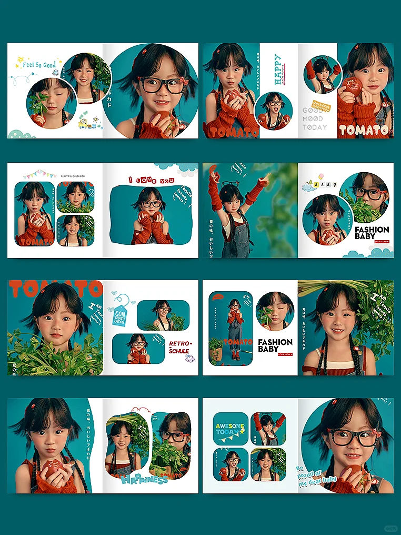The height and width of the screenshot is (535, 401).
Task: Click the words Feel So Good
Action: (39, 65)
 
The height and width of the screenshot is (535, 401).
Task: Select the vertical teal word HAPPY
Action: (277, 68)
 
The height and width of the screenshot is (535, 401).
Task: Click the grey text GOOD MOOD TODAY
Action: (315, 119)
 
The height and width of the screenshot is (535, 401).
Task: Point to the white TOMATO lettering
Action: (364, 130)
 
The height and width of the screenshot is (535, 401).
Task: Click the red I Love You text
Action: (152, 180)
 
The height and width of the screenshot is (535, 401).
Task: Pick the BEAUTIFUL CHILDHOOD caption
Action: (74, 176)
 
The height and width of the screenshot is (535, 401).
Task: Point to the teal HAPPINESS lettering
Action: (144, 479)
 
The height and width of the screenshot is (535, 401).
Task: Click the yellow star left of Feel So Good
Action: (19, 60)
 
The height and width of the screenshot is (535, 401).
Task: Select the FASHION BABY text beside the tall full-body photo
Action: (275, 345)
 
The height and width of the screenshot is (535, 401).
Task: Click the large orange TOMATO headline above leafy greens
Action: (55, 290)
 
